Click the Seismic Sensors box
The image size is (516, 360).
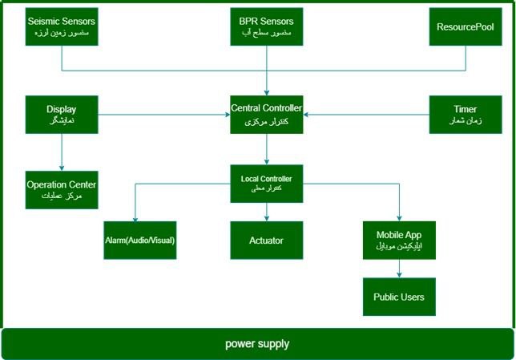[x=62, y=26]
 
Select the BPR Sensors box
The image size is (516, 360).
[x=266, y=26]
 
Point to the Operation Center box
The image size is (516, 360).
[x=62, y=189]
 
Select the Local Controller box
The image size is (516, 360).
[x=266, y=183]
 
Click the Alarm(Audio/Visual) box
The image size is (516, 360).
[x=139, y=241]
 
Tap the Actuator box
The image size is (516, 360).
[x=266, y=241]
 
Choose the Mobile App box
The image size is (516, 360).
[x=398, y=241]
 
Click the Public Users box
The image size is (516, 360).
[x=398, y=297]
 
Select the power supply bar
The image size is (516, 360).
[x=257, y=344]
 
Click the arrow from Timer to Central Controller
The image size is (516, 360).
[x=366, y=115]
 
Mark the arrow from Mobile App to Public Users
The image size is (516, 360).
[x=398, y=269]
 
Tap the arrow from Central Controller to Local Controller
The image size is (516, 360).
[x=266, y=149]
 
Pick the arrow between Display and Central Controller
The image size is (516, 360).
[x=163, y=115]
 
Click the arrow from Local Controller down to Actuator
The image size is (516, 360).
[x=266, y=211]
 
